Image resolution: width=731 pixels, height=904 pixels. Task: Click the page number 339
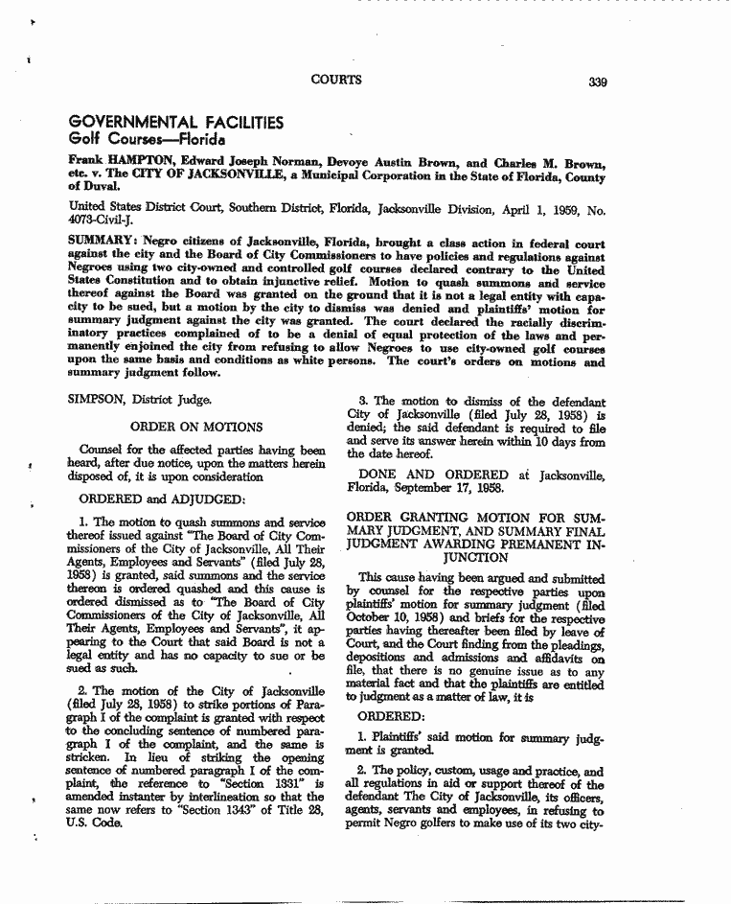(x=599, y=81)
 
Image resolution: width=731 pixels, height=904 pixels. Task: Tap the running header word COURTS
(x=337, y=81)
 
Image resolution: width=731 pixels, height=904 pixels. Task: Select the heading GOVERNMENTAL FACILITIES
(x=176, y=123)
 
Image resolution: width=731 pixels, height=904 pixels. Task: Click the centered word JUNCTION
(x=475, y=557)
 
